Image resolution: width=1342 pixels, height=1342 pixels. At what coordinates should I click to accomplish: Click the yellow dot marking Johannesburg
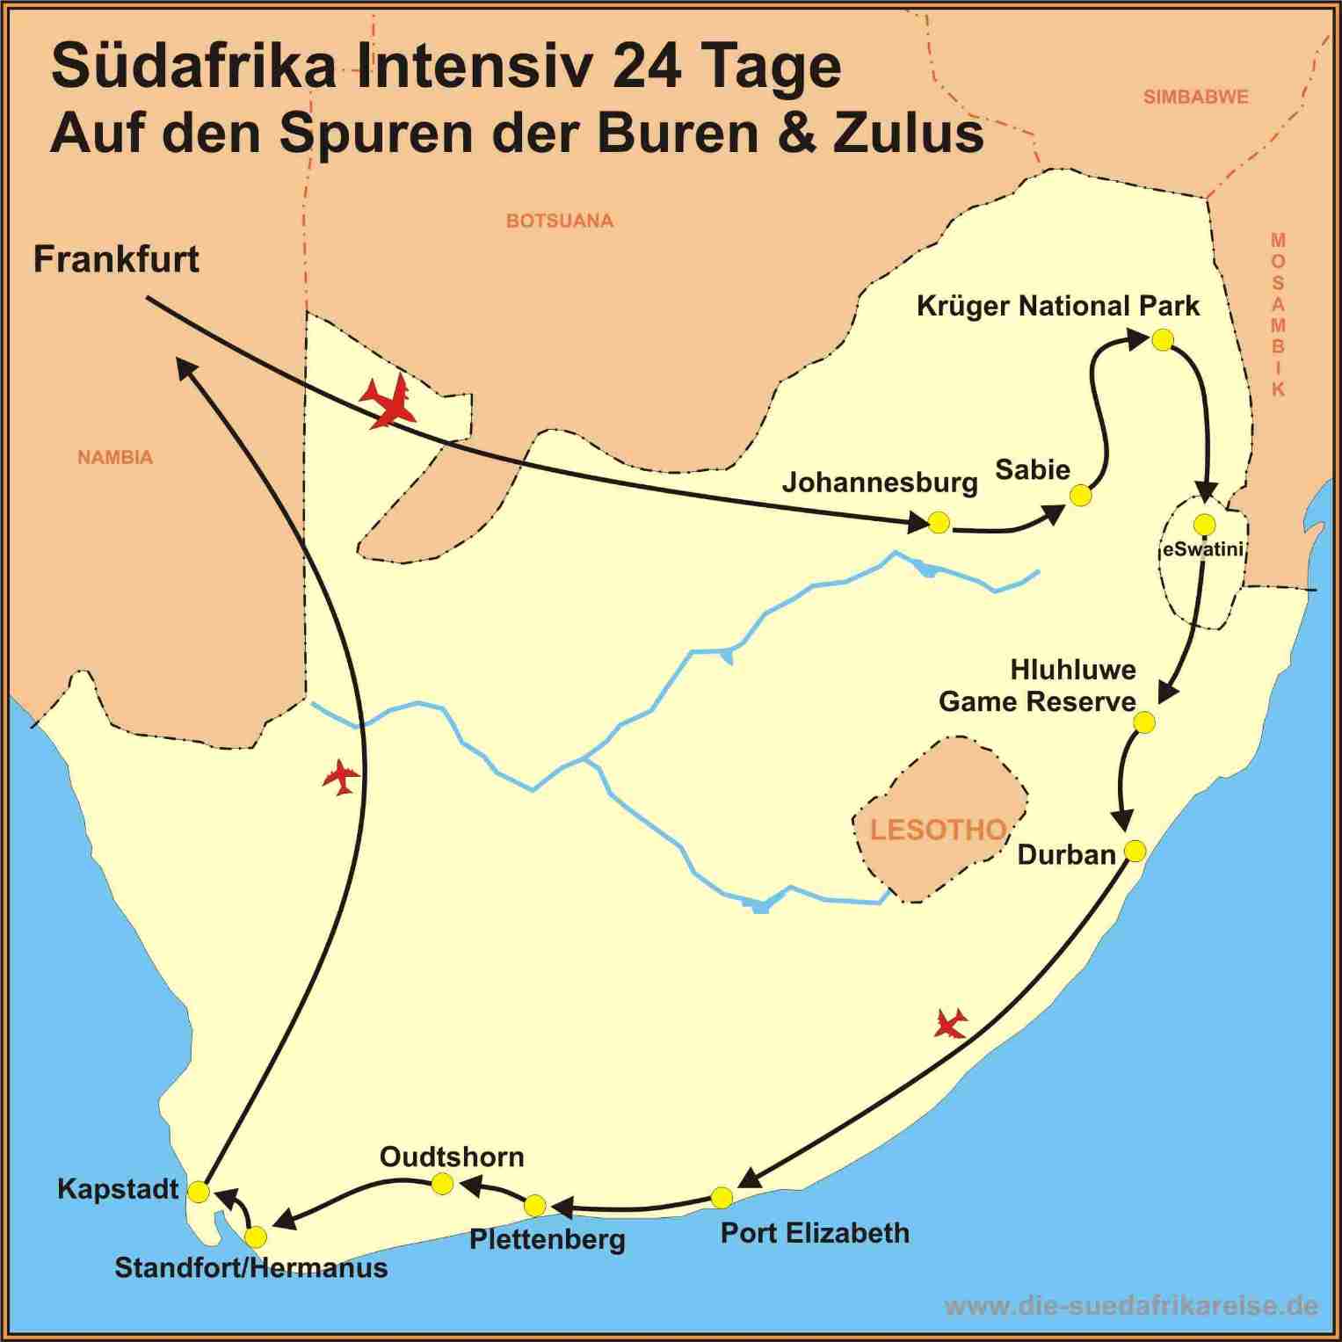click(x=939, y=523)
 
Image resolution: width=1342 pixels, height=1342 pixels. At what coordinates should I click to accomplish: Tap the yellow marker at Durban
click(x=1135, y=851)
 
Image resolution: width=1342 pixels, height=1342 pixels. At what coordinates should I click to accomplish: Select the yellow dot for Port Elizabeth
click(x=721, y=1197)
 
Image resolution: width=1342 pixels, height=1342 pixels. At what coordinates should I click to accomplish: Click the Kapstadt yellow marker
click(x=199, y=1192)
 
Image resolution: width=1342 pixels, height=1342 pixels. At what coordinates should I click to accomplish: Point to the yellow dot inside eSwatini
click(x=1204, y=525)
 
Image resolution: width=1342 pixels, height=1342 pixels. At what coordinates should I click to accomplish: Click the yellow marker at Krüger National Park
click(x=1162, y=340)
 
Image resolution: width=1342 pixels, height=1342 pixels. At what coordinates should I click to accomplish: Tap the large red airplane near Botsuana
click(x=389, y=402)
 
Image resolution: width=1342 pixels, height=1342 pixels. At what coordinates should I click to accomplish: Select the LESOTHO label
click(x=938, y=830)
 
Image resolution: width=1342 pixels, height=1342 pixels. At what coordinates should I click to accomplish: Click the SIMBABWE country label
click(x=1195, y=97)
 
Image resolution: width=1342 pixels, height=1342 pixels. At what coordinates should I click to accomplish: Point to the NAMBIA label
click(x=114, y=457)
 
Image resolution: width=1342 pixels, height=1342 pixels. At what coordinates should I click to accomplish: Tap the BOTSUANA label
click(x=559, y=221)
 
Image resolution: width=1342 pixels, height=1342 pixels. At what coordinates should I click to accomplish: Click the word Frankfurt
click(x=116, y=259)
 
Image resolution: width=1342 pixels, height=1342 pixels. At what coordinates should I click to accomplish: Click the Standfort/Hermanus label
click(x=250, y=1267)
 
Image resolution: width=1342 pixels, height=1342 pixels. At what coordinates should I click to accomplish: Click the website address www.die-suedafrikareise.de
click(x=1130, y=1306)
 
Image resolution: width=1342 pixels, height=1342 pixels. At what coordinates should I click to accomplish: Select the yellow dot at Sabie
click(x=1080, y=496)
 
